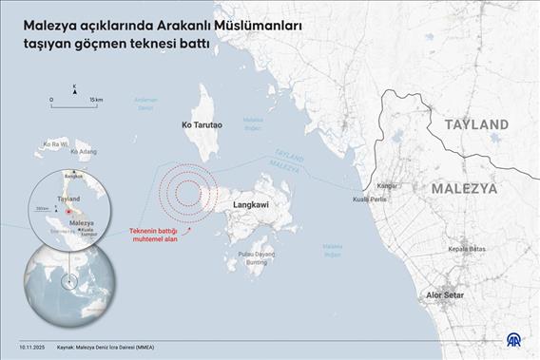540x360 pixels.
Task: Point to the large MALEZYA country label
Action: click(464, 189)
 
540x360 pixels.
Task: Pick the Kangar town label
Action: click(387, 186)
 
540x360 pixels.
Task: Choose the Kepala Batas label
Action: click(468, 248)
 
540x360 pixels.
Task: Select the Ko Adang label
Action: click(85, 151)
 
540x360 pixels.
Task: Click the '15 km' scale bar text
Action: click(97, 98)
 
